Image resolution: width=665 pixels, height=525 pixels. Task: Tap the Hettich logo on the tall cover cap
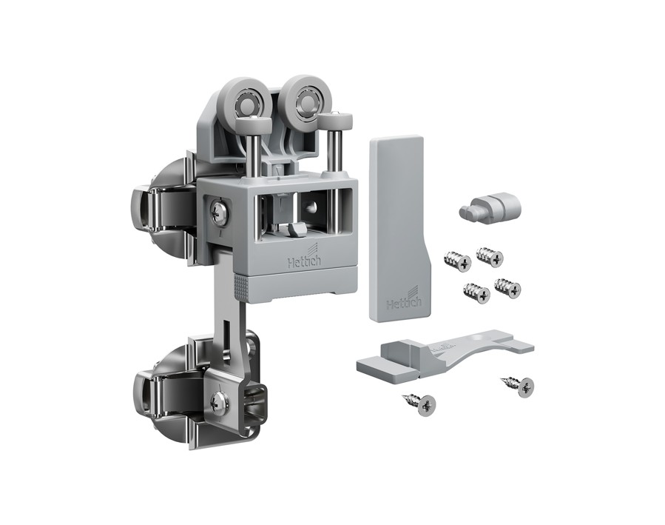click(403, 300)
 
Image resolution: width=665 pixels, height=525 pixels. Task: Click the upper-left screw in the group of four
click(457, 261)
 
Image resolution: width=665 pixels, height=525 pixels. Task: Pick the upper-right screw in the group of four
click(490, 256)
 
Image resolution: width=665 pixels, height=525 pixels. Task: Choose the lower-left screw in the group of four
click(476, 292)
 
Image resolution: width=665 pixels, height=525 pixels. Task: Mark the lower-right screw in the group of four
click(507, 288)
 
